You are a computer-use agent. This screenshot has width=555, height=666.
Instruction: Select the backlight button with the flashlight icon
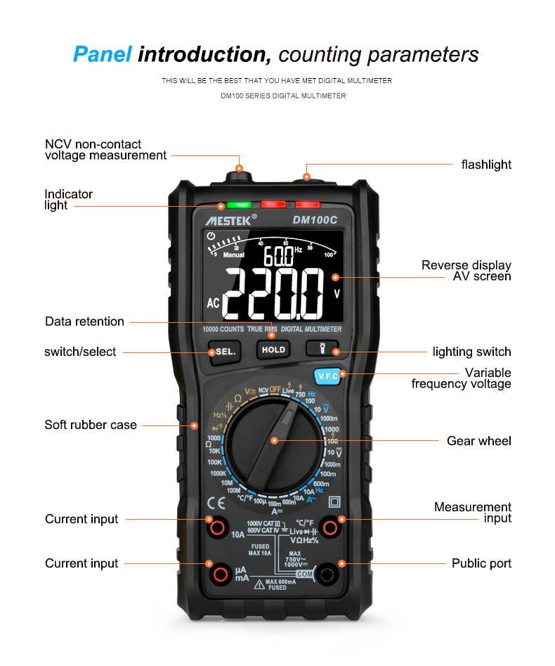[322, 348]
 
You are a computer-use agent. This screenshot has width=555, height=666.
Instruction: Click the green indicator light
[239, 205]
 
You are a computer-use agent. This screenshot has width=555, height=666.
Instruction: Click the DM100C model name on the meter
[315, 220]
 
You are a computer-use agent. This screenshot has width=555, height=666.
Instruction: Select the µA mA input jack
[221, 575]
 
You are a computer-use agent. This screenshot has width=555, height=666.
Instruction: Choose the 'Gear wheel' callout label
[479, 441]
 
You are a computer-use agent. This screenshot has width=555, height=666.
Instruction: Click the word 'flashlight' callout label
[486, 165]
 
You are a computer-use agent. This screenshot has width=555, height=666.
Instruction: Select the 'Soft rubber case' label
[91, 425]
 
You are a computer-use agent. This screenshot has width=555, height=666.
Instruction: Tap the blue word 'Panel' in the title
[103, 54]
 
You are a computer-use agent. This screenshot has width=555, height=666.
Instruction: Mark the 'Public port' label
[481, 563]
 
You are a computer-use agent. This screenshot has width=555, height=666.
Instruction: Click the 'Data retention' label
[84, 321]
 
